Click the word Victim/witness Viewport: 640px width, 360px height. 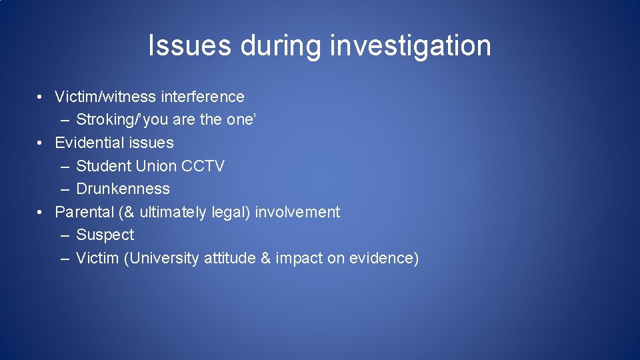(x=105, y=97)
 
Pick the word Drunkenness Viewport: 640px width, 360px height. (x=123, y=189)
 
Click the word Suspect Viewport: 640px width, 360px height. (x=105, y=235)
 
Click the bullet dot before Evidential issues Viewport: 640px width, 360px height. (x=41, y=143)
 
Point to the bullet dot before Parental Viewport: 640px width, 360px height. (x=41, y=212)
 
